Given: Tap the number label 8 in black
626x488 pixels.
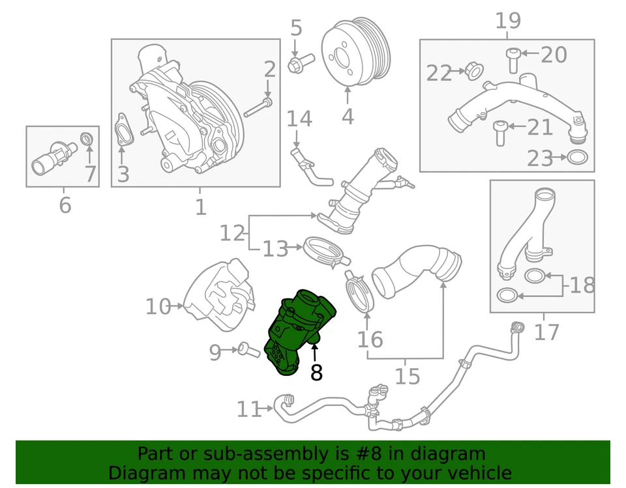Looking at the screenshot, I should point(316,373).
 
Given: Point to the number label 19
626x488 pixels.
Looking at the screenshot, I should point(508,21).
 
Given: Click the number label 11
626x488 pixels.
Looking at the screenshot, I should point(248,409).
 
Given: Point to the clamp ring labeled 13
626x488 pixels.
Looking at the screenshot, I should point(323,251).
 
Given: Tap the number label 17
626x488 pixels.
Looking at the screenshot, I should point(546,332).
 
